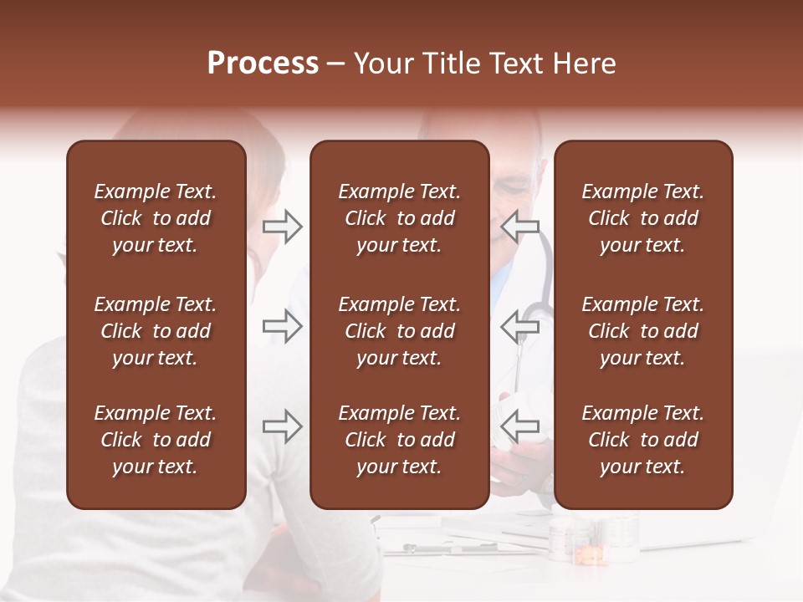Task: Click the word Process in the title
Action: point(263,64)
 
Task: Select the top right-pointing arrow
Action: point(283,226)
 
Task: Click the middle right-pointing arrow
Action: point(283,325)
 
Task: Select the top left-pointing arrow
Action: point(521,226)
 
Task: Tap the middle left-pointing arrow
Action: point(521,325)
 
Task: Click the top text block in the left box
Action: point(156,218)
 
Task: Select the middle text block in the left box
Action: point(156,331)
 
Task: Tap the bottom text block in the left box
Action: point(156,440)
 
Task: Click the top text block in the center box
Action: point(399,218)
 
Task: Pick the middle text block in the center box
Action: point(399,331)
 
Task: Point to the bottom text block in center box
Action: point(399,440)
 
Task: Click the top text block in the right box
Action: point(642,218)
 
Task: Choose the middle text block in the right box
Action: point(642,331)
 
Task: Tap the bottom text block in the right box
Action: point(642,440)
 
